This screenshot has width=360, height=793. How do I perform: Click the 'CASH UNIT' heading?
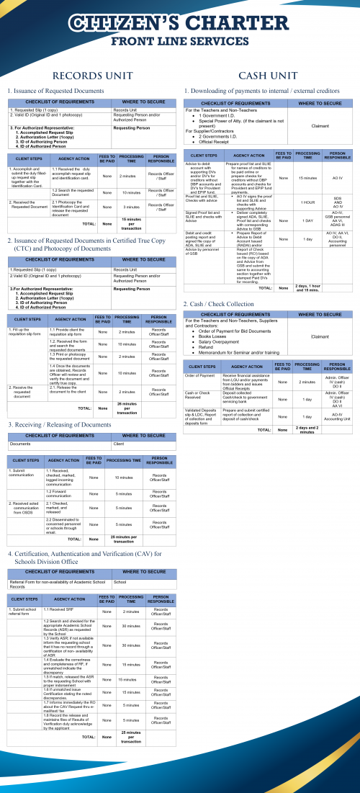pos(267,75)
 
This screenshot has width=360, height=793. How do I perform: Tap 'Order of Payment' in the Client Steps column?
pos(199,376)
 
